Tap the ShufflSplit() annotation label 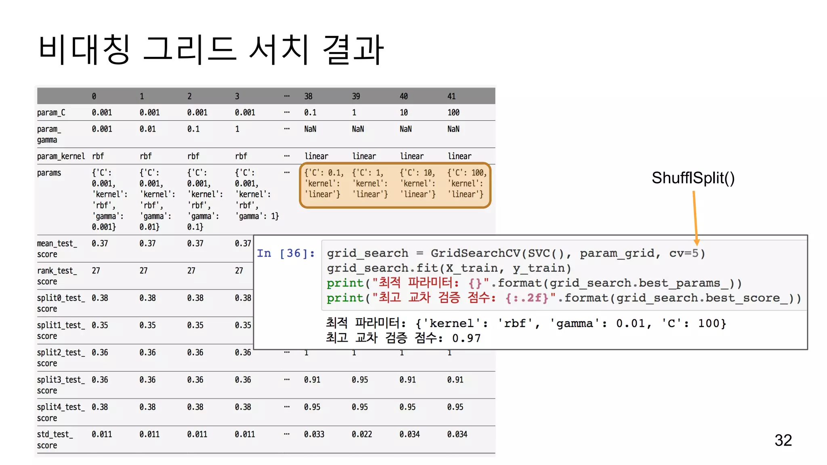[x=693, y=178]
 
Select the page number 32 [x=783, y=440]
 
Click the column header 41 [x=451, y=96]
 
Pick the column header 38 [x=308, y=96]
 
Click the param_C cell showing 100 [x=453, y=113]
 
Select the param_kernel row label [x=61, y=156]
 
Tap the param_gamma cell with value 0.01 [x=147, y=129]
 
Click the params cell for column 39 [x=369, y=184]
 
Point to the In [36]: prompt [x=285, y=253]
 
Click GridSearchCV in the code [x=475, y=253]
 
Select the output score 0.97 [x=466, y=338]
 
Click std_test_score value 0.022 [x=361, y=434]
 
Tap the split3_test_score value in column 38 [x=312, y=380]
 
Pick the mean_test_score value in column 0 [x=100, y=243]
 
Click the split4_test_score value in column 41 [x=455, y=407]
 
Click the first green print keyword [x=345, y=283]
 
